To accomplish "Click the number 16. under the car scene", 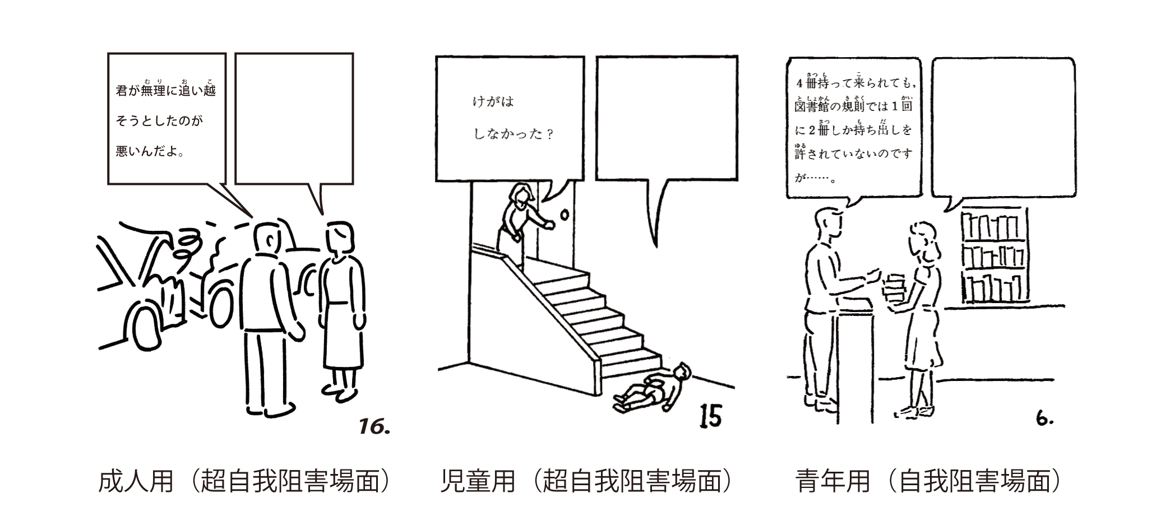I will coord(374,427).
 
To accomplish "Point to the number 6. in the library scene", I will coord(1044,418).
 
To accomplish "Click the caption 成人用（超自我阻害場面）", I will coord(244,481).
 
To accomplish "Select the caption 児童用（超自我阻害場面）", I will coord(586,481).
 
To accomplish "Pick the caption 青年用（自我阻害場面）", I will coord(928,481).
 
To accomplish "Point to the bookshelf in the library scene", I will coord(994,255).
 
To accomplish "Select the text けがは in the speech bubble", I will coord(493,102).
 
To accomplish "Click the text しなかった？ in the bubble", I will coord(514,134).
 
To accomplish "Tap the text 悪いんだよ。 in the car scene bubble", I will coord(150,151).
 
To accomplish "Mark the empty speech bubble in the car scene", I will coord(294,118).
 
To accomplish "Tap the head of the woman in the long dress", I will coord(340,238).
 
